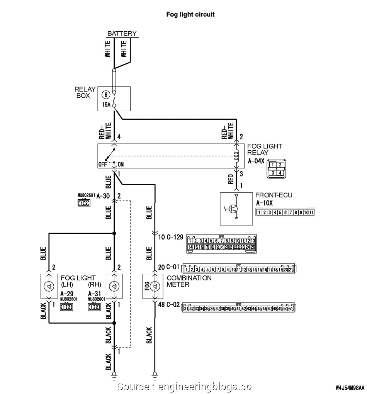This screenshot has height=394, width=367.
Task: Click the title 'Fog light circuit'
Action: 190,14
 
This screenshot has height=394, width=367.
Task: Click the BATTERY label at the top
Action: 122,34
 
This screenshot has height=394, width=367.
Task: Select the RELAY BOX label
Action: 85,92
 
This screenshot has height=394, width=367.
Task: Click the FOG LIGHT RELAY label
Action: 265,149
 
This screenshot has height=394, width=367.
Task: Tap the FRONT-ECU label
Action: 274,195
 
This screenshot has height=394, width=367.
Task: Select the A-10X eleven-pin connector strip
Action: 285,212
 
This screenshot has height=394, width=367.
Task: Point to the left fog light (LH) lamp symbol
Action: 49,286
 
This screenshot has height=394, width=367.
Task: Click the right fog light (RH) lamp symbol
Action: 114,286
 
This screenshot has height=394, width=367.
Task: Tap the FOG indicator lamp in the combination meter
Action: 155,286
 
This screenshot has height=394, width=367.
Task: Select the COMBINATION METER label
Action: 189,281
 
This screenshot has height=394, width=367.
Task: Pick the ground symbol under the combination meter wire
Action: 155,374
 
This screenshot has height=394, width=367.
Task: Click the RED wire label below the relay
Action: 231,178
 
